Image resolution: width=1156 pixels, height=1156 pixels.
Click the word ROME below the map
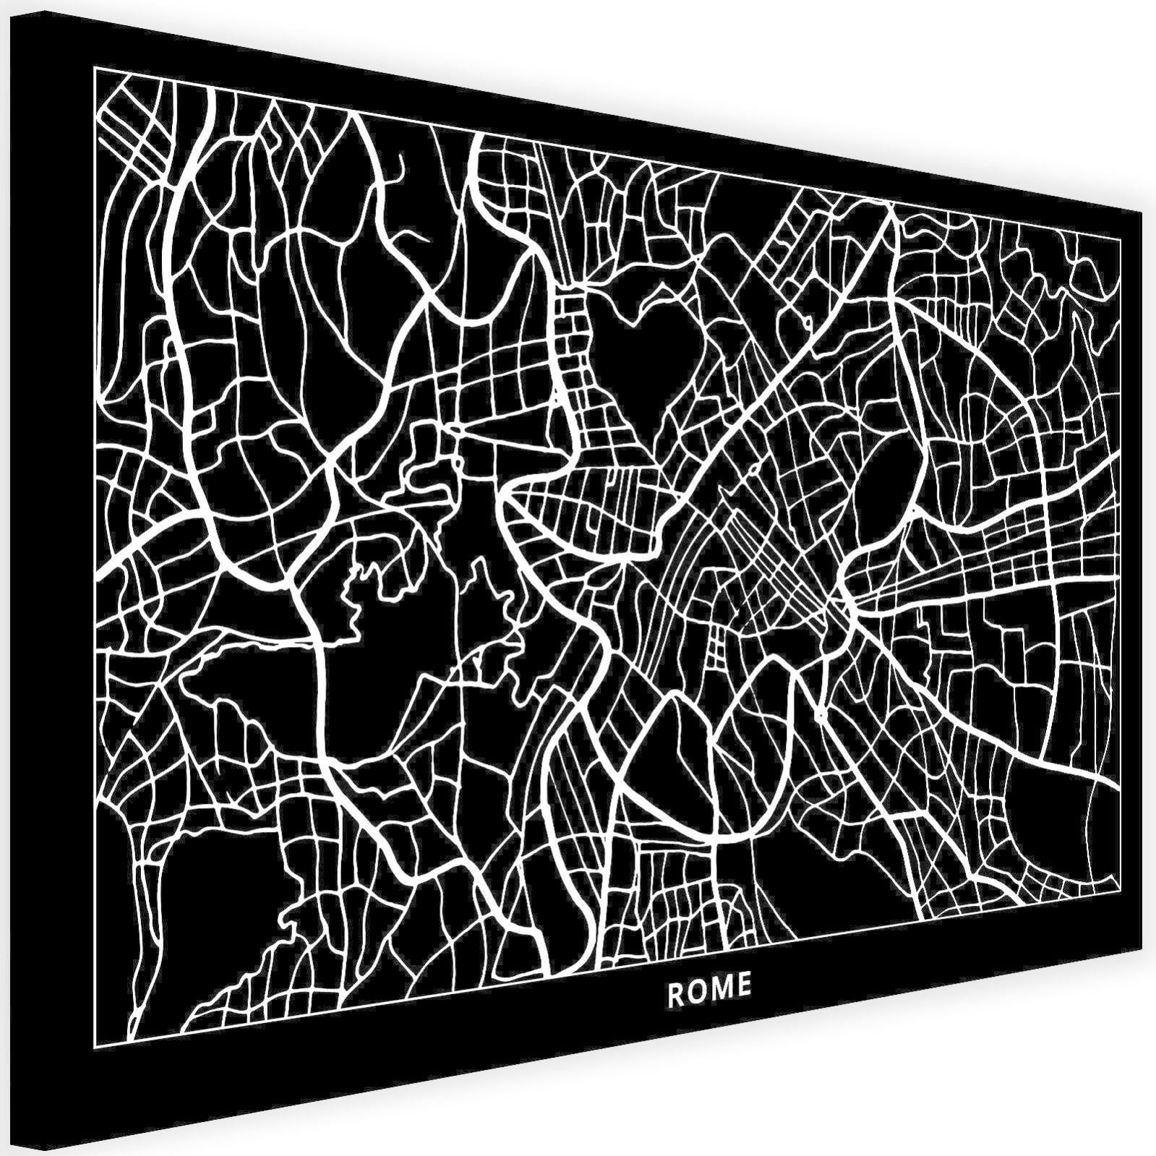click(x=708, y=988)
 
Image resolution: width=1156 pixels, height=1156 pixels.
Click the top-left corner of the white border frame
click(x=94, y=67)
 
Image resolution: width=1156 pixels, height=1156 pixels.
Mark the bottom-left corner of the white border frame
click(x=94, y=1045)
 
